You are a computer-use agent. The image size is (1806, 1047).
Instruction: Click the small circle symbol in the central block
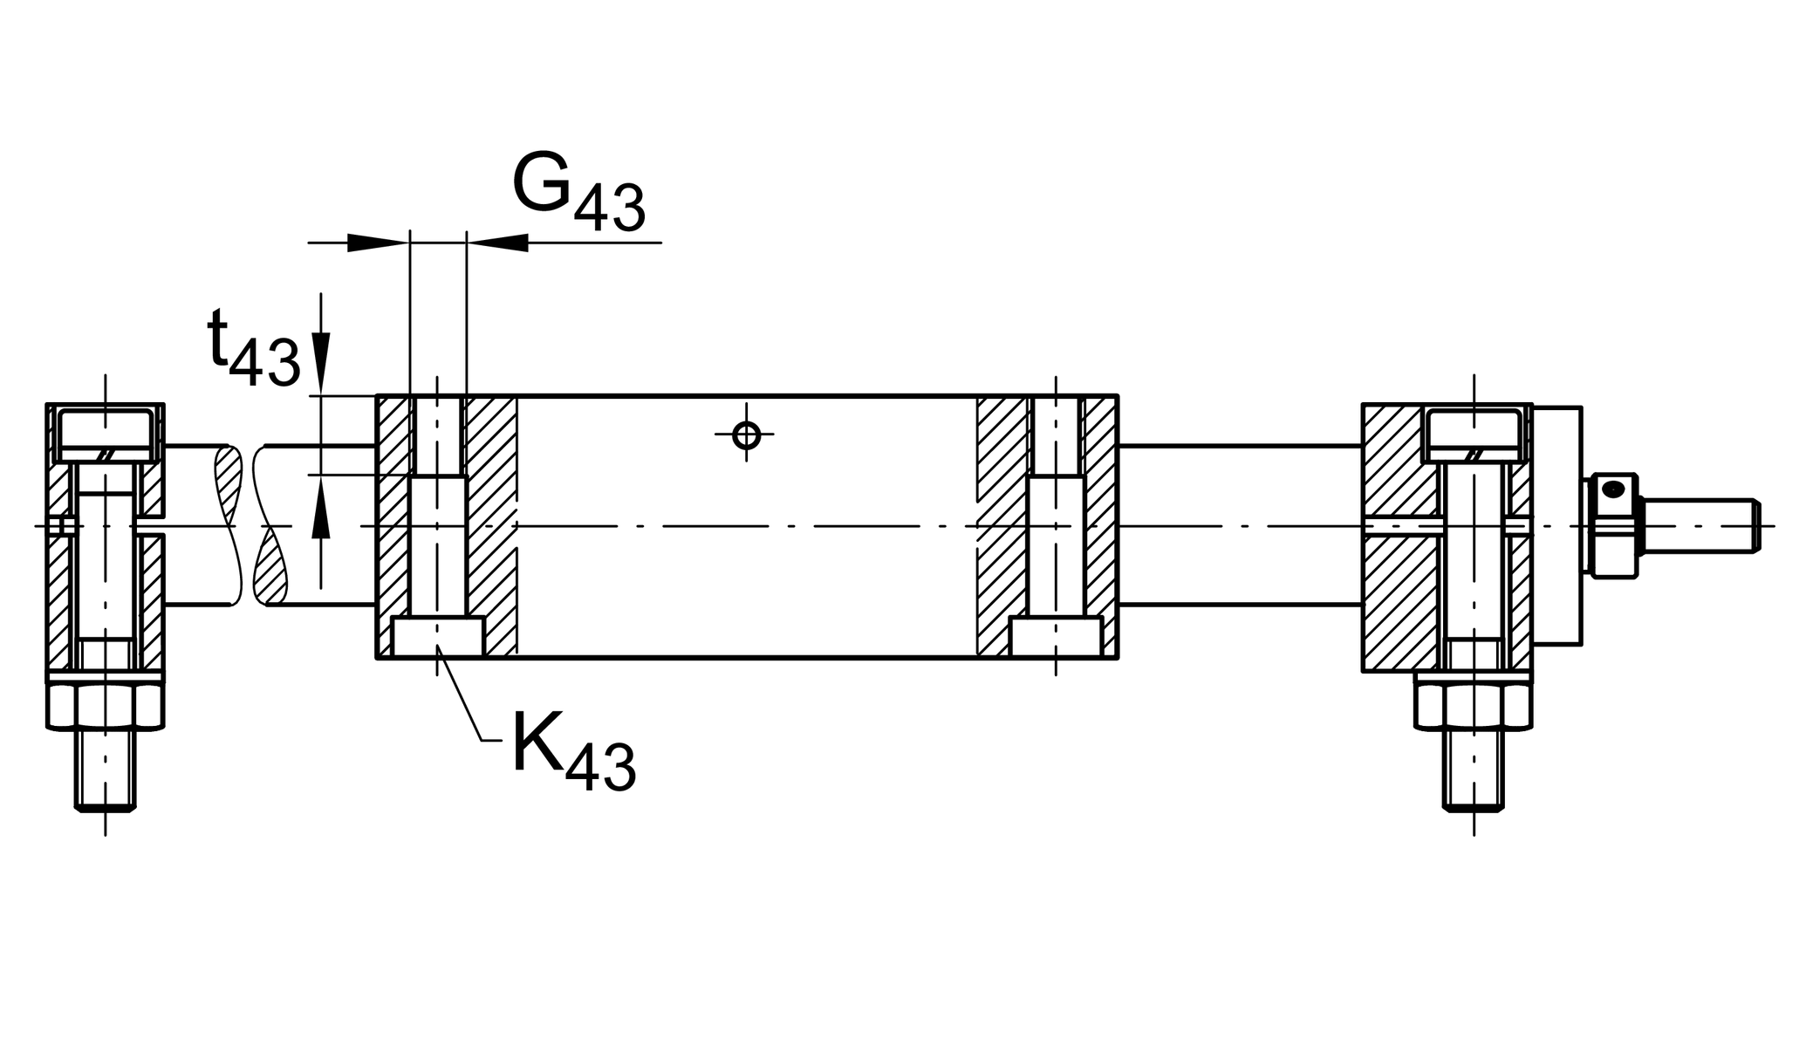(746, 434)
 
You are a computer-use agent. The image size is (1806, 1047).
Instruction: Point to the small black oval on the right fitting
(1613, 489)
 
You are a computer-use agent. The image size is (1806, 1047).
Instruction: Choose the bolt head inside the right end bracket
(1474, 432)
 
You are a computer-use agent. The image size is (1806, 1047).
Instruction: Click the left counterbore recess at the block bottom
(437, 636)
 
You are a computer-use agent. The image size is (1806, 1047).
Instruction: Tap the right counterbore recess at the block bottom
(1056, 636)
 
